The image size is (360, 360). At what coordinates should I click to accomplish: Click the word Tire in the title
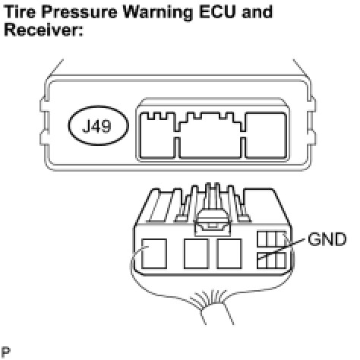tap(20, 11)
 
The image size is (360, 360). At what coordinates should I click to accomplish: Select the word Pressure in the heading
tap(79, 11)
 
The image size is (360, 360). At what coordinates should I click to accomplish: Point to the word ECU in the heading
tap(218, 11)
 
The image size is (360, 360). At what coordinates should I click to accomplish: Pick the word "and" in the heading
tap(257, 11)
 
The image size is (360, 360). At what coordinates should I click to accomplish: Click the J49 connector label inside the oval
tap(97, 126)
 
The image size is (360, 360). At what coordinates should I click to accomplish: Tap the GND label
tap(327, 239)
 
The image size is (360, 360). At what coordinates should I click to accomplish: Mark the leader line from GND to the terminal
tap(281, 249)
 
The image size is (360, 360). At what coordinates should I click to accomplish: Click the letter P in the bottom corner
tap(6, 352)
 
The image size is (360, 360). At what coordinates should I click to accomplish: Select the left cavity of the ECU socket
tap(158, 135)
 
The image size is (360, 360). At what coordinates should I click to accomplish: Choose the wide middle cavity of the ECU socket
tap(210, 137)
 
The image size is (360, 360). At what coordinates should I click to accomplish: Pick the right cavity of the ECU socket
tap(266, 135)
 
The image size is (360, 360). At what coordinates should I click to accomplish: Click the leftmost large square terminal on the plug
tap(154, 254)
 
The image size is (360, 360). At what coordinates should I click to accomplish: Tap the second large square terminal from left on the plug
tap(197, 254)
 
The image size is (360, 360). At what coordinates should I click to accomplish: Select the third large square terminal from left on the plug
tap(229, 254)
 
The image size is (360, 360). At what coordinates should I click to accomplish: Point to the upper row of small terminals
tap(272, 238)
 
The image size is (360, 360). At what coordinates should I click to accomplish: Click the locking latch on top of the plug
tap(213, 223)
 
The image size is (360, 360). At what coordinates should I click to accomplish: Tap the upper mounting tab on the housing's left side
tap(43, 103)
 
